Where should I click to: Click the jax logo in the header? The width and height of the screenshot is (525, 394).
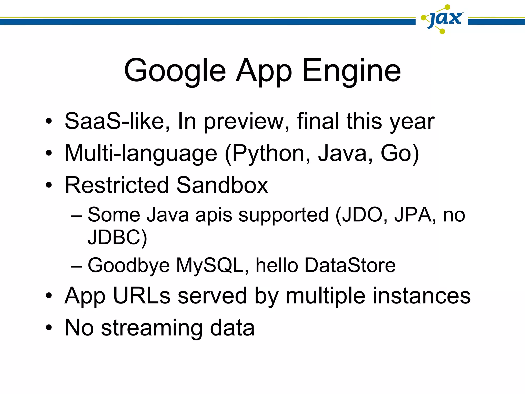tap(443, 19)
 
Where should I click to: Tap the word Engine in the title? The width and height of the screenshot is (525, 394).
tap(352, 71)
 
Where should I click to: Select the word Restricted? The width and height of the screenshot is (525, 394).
tap(117, 185)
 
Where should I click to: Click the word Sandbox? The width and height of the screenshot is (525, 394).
tap(222, 185)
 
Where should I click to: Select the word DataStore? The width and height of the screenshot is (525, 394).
tap(350, 265)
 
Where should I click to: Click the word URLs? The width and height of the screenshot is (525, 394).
tap(142, 296)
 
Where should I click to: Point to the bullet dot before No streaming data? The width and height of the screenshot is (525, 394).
tap(49, 328)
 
